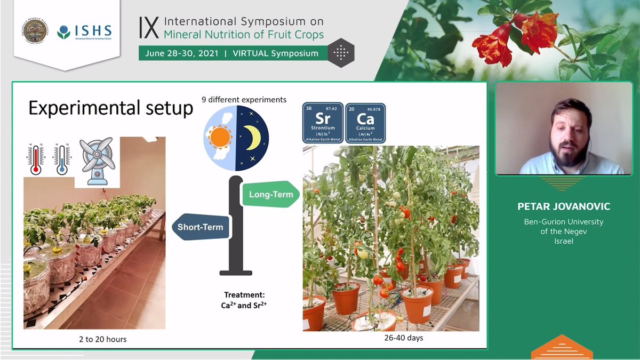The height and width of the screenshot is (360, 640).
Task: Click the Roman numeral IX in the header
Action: tap(149, 27)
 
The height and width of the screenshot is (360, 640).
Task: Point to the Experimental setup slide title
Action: tap(110, 108)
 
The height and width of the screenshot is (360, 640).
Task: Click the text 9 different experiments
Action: tap(244, 100)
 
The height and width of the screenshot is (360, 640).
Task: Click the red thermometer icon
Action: tap(36, 159)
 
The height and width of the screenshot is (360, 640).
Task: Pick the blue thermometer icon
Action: tap(62, 159)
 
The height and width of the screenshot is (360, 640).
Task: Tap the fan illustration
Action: tap(97, 162)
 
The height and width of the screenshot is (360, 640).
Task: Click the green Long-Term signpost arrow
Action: tap(270, 195)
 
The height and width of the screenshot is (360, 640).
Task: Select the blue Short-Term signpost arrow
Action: tap(199, 227)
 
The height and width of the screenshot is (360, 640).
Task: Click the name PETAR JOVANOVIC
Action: tap(563, 206)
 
